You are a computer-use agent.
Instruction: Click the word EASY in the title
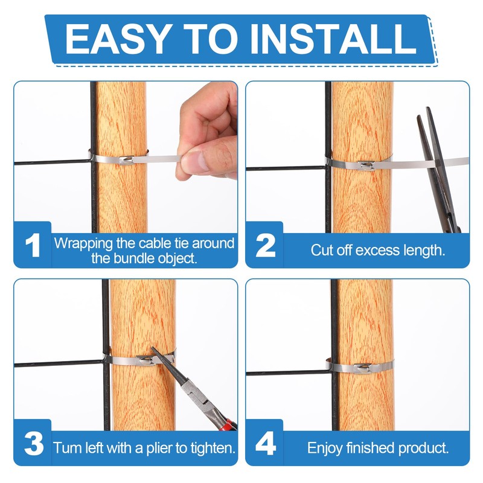(x=118, y=39)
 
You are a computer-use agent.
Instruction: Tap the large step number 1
(x=33, y=245)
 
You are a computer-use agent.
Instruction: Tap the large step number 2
(x=265, y=246)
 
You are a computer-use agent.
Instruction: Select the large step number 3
(x=34, y=444)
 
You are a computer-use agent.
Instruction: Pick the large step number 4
(x=266, y=443)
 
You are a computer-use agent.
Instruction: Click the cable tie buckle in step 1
(x=126, y=161)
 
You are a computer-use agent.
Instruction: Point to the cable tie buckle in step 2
(x=366, y=165)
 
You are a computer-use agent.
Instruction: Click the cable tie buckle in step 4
(x=363, y=368)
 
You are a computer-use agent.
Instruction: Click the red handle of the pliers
(x=230, y=424)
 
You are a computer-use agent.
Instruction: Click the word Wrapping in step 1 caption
(x=83, y=244)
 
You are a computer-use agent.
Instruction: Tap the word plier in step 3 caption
(x=159, y=448)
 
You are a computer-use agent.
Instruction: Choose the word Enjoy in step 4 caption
(x=325, y=448)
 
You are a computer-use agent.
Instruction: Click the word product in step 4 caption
(x=423, y=448)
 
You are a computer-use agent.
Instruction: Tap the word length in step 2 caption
(x=424, y=250)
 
